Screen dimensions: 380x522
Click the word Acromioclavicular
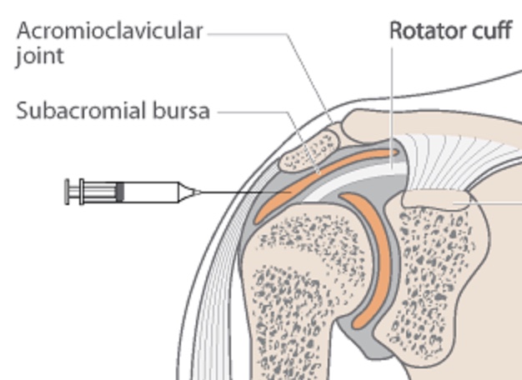tap(108, 33)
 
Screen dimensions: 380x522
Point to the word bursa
tap(181, 110)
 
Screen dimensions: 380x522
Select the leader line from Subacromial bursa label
tap(250, 111)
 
